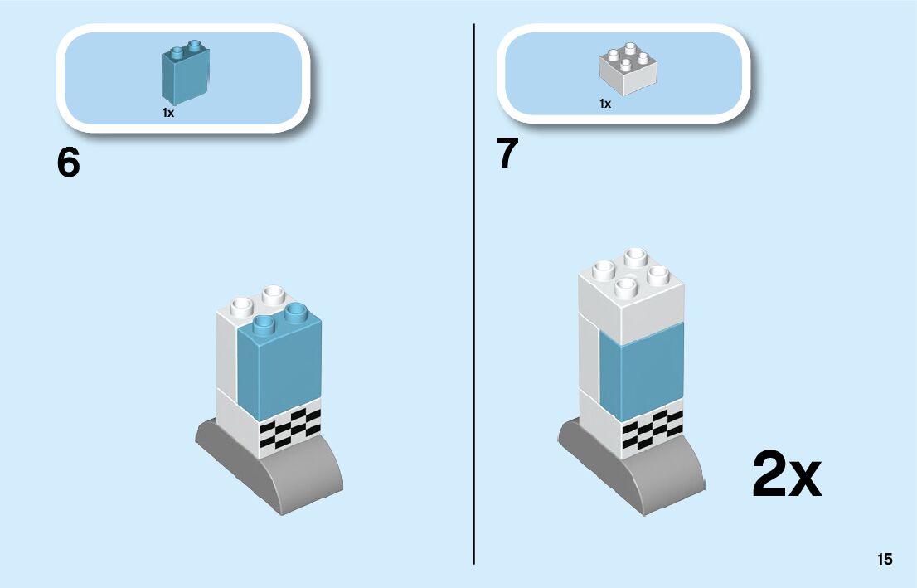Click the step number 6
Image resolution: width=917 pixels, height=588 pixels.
pos(69,163)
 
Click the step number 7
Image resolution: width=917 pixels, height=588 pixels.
pos(508,154)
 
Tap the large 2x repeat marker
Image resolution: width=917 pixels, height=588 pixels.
pos(786,474)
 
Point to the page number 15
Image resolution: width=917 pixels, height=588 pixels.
pos(885,560)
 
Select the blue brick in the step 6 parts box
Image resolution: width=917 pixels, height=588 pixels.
pos(185,72)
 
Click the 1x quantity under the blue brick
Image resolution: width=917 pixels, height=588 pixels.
pos(168,113)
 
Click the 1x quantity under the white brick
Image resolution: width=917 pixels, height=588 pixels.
pos(605,104)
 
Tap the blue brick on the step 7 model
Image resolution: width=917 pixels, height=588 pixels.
pos(640,373)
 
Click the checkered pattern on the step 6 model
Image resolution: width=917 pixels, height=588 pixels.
pos(290,428)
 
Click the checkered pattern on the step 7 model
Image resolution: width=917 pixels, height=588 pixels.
pos(653,430)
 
